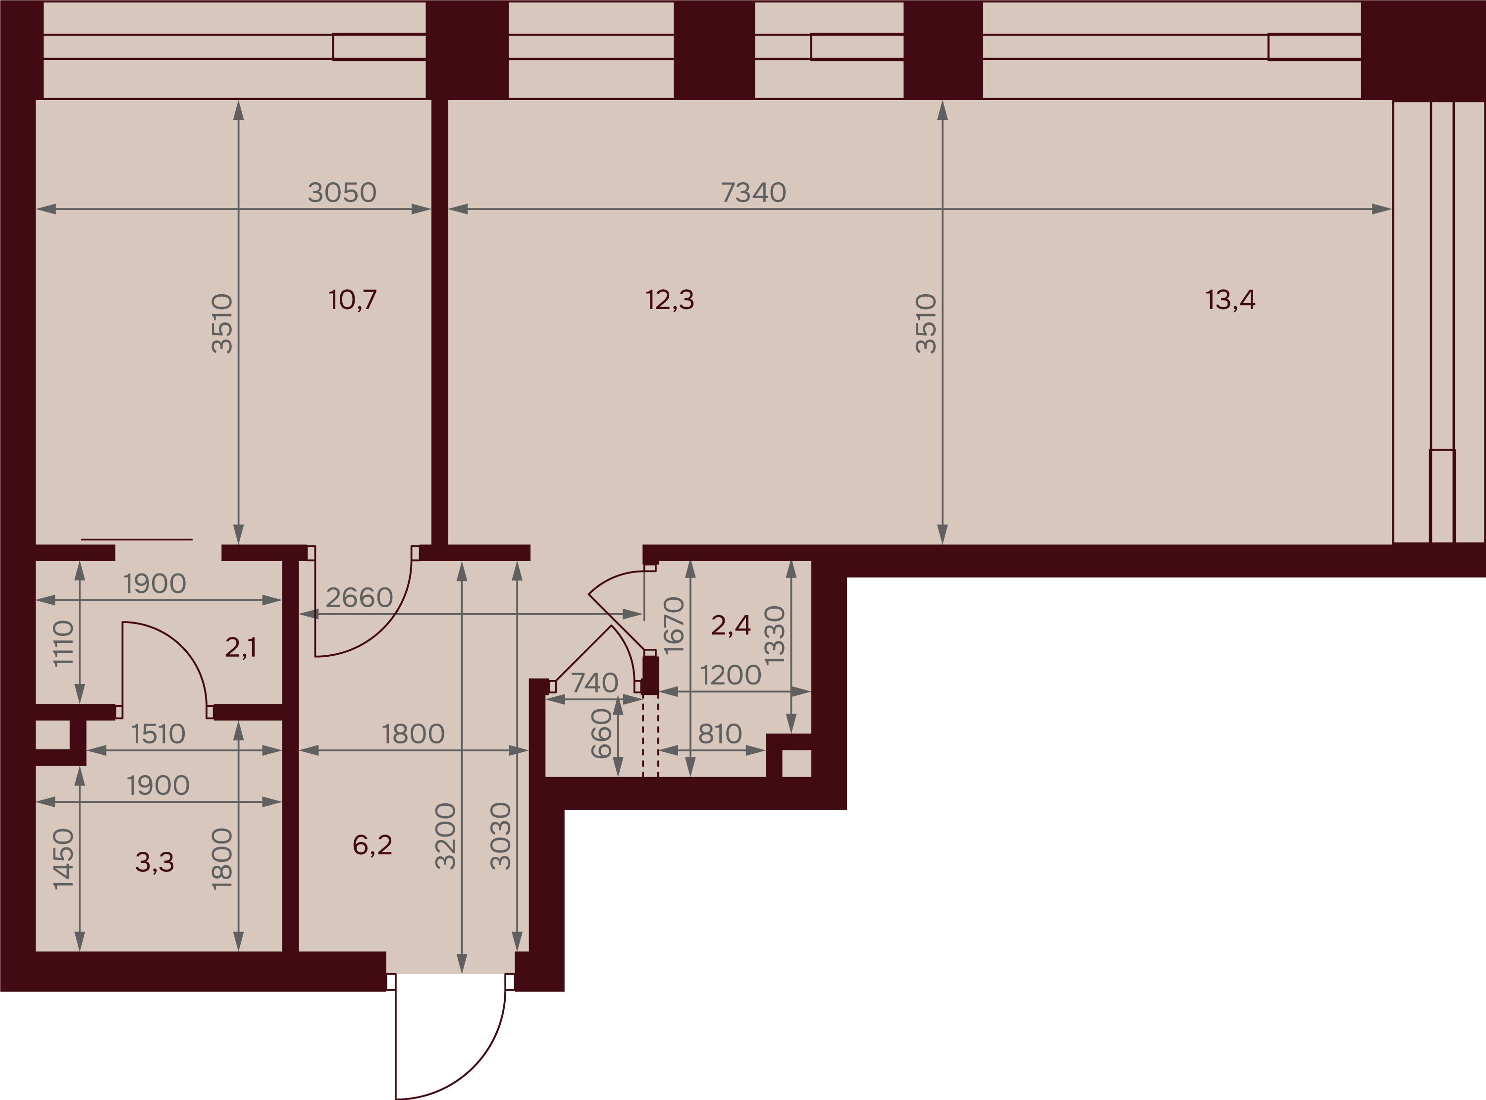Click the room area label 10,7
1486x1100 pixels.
(x=352, y=300)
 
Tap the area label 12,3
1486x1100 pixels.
(x=670, y=300)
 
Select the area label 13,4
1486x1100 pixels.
(x=1230, y=300)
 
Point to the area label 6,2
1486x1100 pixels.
(x=372, y=845)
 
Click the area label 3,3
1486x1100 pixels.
(x=155, y=862)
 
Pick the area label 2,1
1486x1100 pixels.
(x=240, y=647)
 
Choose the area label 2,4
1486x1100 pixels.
(x=730, y=625)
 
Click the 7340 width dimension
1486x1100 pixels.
(x=754, y=193)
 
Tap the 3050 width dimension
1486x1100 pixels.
(x=342, y=193)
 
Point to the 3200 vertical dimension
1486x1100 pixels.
(x=445, y=837)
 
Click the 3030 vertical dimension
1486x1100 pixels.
(x=501, y=837)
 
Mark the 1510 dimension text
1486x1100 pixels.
(x=158, y=734)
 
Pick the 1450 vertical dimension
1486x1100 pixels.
(x=63, y=859)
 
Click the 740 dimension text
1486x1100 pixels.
(x=594, y=683)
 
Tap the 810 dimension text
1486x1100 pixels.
(x=720, y=734)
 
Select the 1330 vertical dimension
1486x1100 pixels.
(x=775, y=635)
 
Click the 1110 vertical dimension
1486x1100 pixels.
(x=63, y=643)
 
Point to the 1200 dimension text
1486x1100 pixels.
(x=730, y=676)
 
